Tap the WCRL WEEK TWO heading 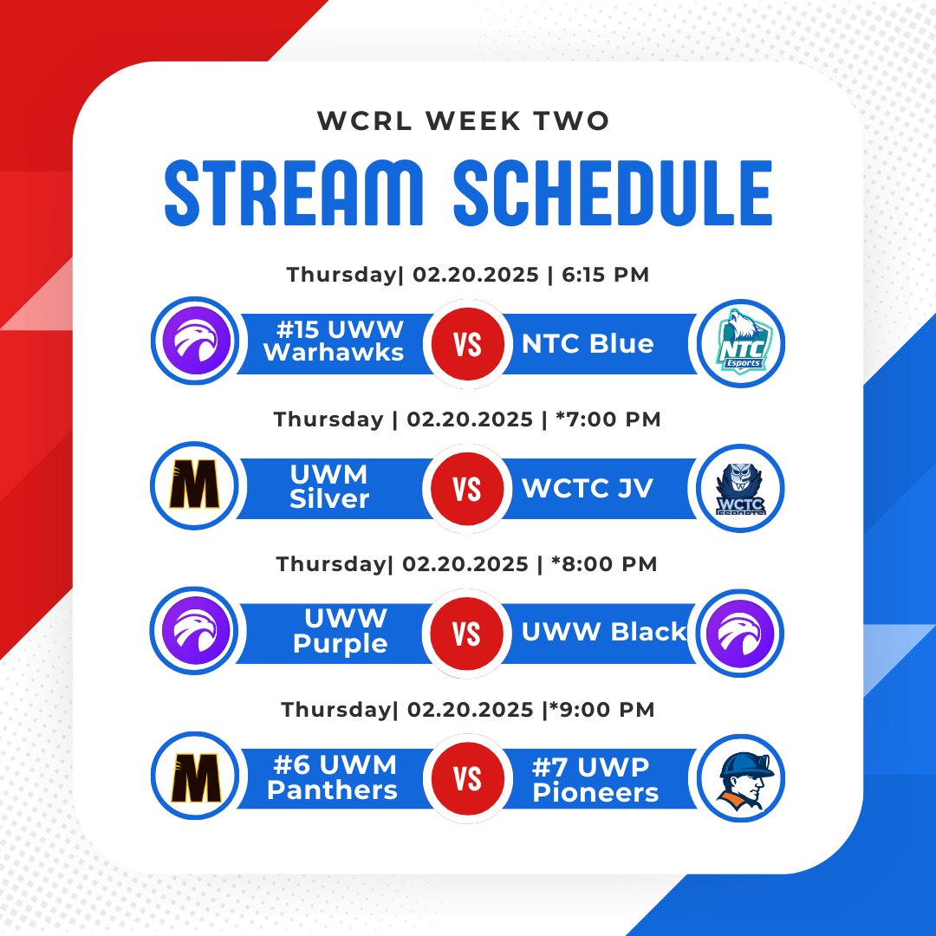465,120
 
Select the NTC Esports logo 741,343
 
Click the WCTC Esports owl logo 741,488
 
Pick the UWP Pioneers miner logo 741,777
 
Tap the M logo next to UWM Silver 193,488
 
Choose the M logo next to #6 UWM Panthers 193,777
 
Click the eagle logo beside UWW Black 741,633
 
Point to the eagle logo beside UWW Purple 193,633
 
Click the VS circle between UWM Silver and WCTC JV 467,490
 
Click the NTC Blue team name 588,344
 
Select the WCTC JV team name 588,489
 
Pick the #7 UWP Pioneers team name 595,779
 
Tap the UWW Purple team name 341,632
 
